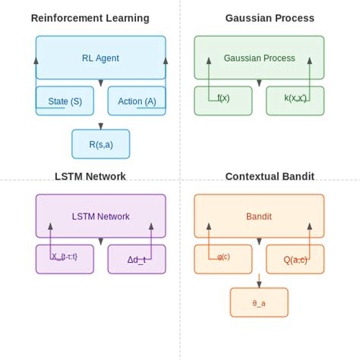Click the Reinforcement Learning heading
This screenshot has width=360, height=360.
[90, 18]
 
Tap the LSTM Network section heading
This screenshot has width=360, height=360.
[90, 177]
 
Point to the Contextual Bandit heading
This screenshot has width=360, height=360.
[270, 177]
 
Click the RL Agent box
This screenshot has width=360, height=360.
[100, 58]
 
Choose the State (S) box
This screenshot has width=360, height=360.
[65, 101]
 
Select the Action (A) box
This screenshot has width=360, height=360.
[137, 101]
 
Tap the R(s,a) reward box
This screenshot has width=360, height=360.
[100, 144]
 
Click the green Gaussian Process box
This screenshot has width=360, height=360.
[258, 58]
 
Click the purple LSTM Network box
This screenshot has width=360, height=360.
[100, 216]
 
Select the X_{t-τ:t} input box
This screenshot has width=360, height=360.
[65, 258]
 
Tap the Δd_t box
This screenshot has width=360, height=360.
[137, 259]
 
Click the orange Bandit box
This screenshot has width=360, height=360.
[258, 216]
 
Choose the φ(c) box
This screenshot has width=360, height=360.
[223, 259]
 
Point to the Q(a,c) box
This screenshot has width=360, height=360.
[295, 259]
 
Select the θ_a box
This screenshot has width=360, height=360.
[259, 302]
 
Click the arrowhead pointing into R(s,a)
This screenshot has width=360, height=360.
[100, 126]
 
